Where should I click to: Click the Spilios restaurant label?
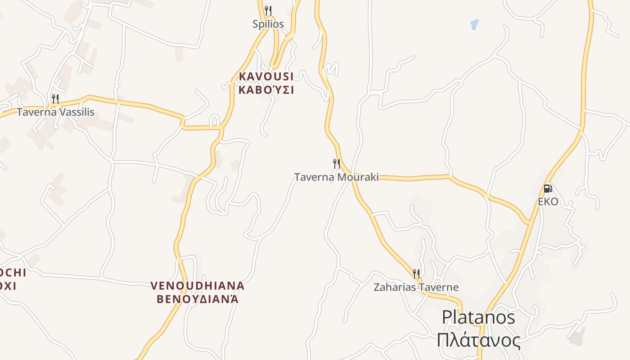coord(268,24)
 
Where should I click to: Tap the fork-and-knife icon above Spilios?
coord(268,10)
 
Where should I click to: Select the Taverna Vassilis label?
coord(56,112)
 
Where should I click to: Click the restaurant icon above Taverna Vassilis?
coord(55,99)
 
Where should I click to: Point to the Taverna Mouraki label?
coord(336,177)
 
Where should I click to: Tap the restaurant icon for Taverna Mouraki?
coord(336,163)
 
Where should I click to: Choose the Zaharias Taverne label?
coord(416,287)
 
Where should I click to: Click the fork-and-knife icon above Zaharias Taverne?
coord(416,273)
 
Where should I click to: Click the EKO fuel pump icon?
coord(548,189)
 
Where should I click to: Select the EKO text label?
coord(548,202)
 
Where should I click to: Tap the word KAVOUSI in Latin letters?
coord(266,76)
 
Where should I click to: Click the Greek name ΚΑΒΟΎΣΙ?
coord(266,90)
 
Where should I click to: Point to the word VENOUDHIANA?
coord(197,286)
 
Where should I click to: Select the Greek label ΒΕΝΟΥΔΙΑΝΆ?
coord(197,299)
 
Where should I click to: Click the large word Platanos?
coord(478,317)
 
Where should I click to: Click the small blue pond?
coord(474,24)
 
